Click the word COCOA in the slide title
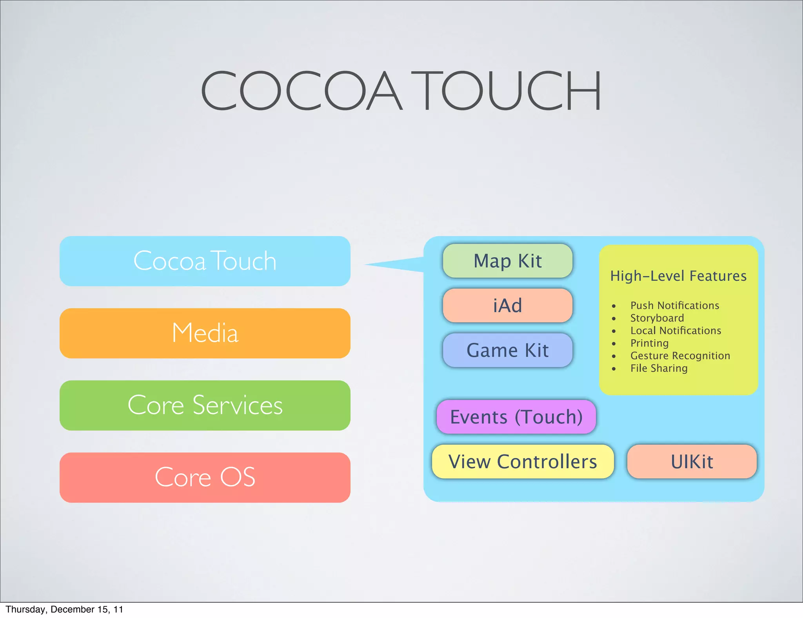(301, 91)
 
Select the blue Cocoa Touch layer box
(205, 261)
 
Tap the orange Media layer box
(205, 333)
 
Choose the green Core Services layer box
(205, 405)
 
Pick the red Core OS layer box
(205, 478)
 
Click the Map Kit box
(507, 261)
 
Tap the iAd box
(507, 306)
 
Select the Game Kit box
(507, 351)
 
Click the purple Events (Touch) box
(516, 417)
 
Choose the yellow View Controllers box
(522, 462)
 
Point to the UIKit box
(692, 462)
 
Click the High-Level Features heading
(678, 276)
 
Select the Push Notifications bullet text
(674, 305)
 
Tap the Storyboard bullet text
(657, 318)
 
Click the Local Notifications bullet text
(676, 331)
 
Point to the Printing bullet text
(649, 343)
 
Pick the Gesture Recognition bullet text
(680, 356)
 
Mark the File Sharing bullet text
(659, 368)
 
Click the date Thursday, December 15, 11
(64, 609)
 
